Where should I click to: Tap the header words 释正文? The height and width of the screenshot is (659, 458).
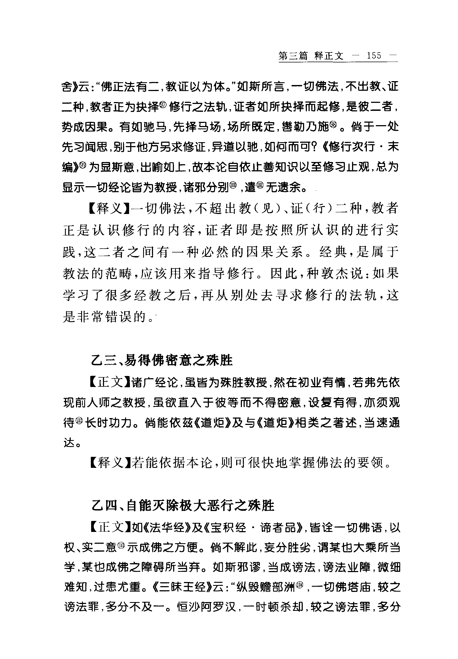(329, 56)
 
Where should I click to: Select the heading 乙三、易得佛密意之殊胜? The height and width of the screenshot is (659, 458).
(162, 361)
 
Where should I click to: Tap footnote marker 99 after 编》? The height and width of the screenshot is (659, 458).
(83, 165)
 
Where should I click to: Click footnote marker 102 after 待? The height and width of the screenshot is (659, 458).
(80, 421)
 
